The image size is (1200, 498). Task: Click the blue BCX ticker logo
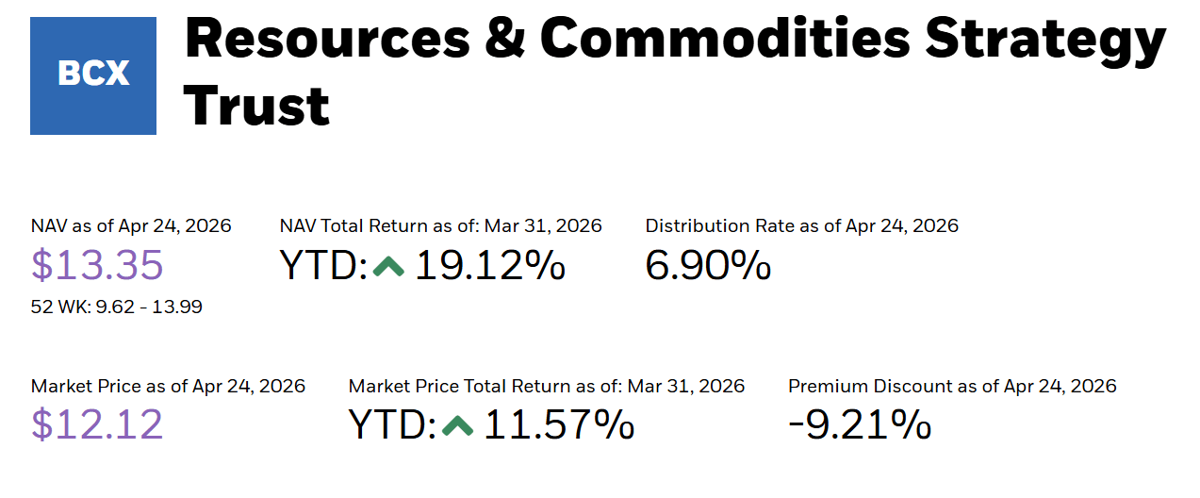[93, 75]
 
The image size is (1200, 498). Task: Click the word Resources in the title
[327, 39]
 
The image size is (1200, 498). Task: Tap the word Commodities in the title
[725, 38]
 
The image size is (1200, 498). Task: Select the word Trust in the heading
[256, 106]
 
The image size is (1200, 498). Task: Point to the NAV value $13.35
[97, 265]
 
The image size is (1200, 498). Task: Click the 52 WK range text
[116, 307]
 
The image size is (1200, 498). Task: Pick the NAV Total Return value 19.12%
[490, 265]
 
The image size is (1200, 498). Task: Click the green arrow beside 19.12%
[388, 266]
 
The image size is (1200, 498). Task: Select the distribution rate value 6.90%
[708, 265]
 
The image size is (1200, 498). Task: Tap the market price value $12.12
[97, 424]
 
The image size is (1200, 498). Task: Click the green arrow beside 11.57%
[457, 426]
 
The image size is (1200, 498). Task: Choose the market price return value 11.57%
[559, 424]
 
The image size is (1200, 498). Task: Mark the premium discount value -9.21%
[860, 424]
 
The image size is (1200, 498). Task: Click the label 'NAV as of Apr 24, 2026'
[131, 226]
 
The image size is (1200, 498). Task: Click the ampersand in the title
[504, 38]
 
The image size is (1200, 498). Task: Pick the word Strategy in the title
[1045, 42]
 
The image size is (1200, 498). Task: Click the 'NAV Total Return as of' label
[379, 225]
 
